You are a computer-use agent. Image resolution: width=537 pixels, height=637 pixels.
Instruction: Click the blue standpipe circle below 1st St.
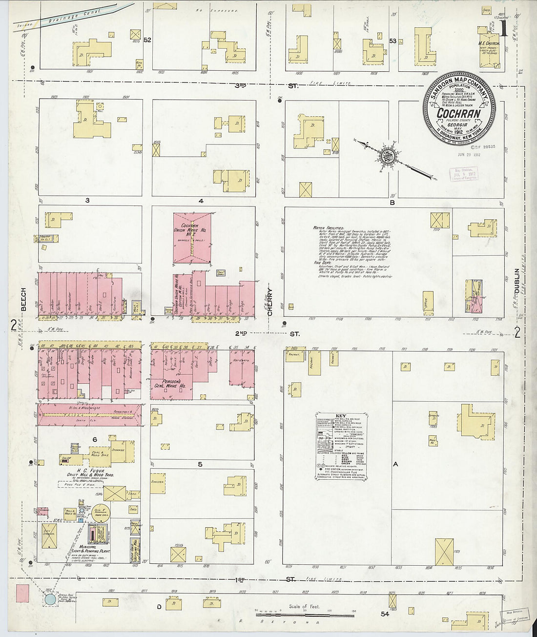point(49,599)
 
